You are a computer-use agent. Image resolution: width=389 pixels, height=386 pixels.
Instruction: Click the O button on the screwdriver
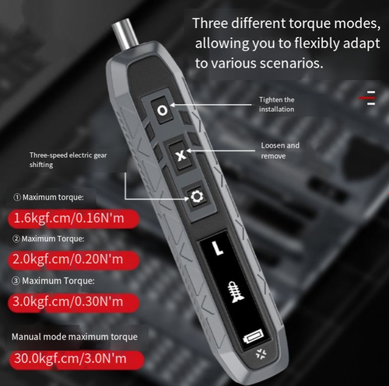click(x=162, y=110)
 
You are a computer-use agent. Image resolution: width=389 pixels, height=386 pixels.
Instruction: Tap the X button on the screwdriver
click(x=181, y=155)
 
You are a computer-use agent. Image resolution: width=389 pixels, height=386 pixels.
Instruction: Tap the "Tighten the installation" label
click(x=277, y=105)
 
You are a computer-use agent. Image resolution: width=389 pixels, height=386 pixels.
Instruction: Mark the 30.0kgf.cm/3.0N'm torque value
click(x=70, y=360)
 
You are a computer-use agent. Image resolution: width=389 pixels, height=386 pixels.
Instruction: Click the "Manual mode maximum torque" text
click(x=75, y=337)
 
